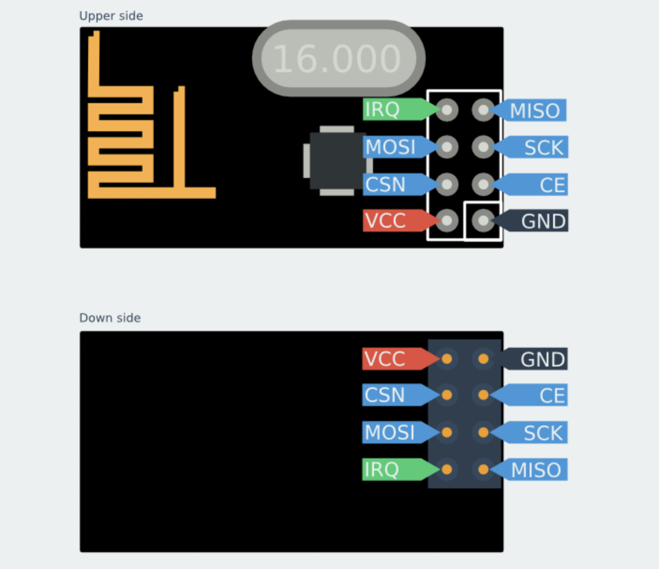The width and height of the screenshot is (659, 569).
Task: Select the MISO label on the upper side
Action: [x=534, y=111]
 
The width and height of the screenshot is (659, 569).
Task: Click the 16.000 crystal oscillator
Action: [x=338, y=59]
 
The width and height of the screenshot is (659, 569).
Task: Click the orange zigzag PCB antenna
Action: [x=122, y=141]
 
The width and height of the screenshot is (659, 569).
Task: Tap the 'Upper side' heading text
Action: [x=111, y=16]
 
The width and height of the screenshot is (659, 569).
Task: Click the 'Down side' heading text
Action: [x=110, y=318]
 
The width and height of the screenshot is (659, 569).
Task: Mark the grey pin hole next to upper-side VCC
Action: [x=447, y=220]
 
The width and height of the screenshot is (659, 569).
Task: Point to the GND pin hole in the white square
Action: [x=483, y=220]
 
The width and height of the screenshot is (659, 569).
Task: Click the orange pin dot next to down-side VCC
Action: [x=447, y=359]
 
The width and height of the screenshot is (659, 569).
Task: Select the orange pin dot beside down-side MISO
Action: [x=483, y=469]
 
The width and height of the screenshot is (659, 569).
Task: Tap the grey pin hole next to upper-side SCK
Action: [x=483, y=147]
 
